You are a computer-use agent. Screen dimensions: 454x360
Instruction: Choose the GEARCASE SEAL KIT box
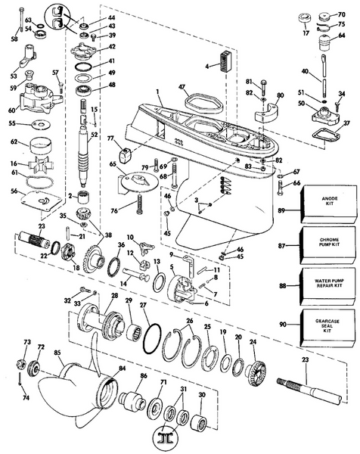(x=327, y=326)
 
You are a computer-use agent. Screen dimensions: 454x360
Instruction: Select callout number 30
(x=201, y=395)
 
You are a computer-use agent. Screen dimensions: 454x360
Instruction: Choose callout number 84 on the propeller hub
(x=101, y=369)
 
